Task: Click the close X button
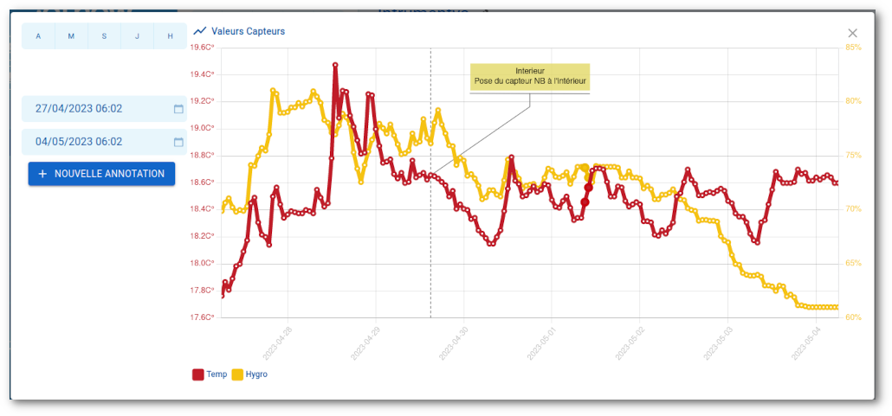853,33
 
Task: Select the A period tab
38,36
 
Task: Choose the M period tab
71,36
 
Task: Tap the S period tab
104,36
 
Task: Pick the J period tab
137,36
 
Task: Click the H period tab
170,36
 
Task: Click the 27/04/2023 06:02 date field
95,109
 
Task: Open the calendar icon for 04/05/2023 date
178,142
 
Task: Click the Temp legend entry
210,374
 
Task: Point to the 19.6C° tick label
202,48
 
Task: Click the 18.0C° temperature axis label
202,263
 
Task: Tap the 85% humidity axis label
853,48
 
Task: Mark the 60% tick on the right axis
853,317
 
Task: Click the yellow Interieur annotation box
529,76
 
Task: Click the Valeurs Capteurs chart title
248,31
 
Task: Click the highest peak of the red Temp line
335,65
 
